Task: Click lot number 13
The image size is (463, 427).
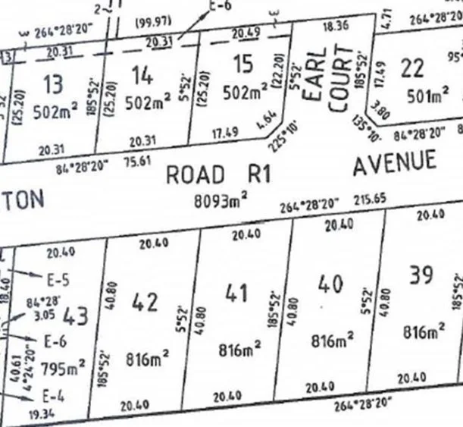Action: [55, 81]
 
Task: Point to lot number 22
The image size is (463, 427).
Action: [412, 68]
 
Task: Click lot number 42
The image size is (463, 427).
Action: [145, 301]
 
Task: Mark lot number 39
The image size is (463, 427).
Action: [421, 274]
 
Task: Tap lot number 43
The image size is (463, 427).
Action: [76, 313]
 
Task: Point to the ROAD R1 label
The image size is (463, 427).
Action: [218, 174]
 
